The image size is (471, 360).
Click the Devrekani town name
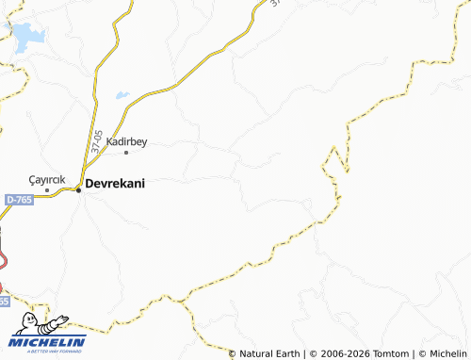tap(115, 185)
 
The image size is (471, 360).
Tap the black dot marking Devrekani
tap(78, 189)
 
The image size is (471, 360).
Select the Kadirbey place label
tap(127, 141)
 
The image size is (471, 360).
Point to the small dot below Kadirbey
tap(127, 152)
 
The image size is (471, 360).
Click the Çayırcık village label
tap(46, 179)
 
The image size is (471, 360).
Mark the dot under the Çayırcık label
tap(46, 189)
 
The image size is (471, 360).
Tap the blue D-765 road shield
tap(18, 200)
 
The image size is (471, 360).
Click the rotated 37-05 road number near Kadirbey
tap(98, 141)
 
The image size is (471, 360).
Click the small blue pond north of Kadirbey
tap(122, 94)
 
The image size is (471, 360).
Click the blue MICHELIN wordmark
tap(48, 341)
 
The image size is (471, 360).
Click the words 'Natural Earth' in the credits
tap(268, 353)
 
